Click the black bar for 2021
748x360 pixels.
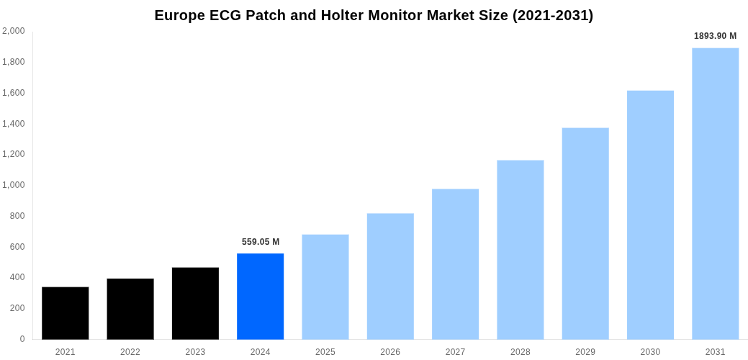(65, 313)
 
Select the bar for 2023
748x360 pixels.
(195, 303)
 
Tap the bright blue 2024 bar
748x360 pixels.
(260, 296)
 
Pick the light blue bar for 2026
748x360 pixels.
(390, 276)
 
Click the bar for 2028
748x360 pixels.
(520, 249)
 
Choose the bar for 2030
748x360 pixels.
(650, 215)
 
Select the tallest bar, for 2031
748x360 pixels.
(715, 193)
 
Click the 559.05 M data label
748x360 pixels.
(261, 242)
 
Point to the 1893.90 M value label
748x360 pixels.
(715, 36)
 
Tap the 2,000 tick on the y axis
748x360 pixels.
(14, 31)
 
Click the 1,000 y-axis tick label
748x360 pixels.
(14, 185)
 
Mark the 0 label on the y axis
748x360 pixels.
(22, 339)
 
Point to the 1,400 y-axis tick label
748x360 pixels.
(14, 124)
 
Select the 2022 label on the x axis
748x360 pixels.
(130, 352)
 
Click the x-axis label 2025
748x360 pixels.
(325, 352)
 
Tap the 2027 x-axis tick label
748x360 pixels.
(455, 352)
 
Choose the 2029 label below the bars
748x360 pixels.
(585, 352)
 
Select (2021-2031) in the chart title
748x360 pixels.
(552, 15)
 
